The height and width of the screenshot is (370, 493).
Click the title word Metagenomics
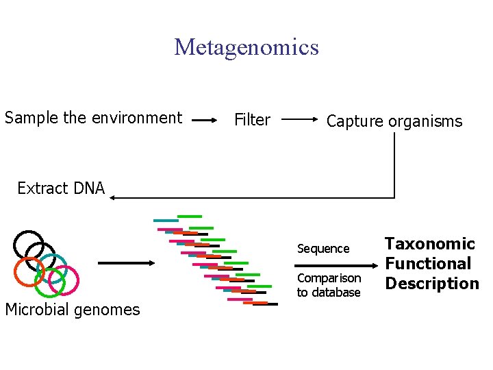(246, 47)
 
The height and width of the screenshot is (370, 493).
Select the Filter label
(252, 120)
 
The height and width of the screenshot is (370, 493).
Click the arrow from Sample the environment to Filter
(204, 120)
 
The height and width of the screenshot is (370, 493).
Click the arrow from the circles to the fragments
(127, 262)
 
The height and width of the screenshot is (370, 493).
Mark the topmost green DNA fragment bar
(190, 217)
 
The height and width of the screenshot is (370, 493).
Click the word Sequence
(323, 249)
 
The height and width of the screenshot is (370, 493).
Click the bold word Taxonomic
(429, 244)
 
